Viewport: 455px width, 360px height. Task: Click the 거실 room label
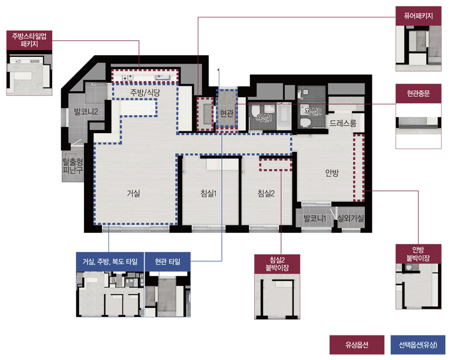click(x=134, y=193)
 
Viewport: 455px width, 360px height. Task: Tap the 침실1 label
click(x=209, y=193)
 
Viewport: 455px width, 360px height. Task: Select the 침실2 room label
click(x=266, y=193)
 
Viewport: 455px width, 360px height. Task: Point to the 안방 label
click(x=332, y=173)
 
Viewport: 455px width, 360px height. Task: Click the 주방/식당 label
click(x=145, y=92)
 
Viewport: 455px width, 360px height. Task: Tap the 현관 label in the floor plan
click(x=227, y=113)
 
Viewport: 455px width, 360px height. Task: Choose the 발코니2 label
click(x=86, y=112)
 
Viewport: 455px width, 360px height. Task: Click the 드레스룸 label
click(x=343, y=124)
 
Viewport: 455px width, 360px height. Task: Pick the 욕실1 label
click(x=264, y=118)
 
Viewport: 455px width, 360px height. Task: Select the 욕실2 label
click(x=312, y=111)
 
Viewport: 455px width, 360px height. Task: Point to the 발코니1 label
click(x=315, y=218)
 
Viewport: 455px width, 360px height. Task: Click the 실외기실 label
click(x=351, y=218)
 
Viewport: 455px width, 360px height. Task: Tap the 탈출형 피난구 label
click(x=73, y=166)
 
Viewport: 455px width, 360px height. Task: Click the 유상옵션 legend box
click(x=357, y=345)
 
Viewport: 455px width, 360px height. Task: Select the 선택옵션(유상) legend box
click(x=418, y=345)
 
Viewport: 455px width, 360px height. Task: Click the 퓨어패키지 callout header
click(x=418, y=16)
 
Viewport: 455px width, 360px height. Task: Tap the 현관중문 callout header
click(x=418, y=94)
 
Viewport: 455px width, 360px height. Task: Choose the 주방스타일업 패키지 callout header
click(x=29, y=40)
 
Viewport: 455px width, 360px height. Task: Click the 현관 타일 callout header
click(x=168, y=262)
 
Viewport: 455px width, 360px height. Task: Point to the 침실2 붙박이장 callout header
click(x=277, y=264)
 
